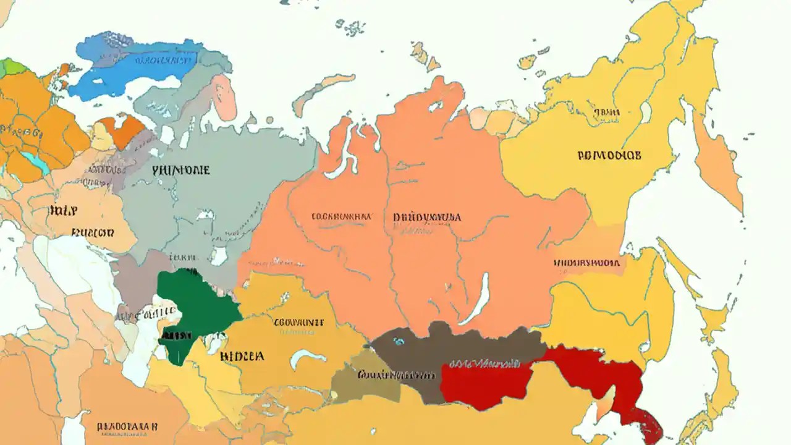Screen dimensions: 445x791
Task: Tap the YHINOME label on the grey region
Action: (180, 169)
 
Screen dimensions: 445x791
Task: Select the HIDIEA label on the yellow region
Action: (242, 357)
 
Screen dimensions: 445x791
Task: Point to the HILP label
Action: (63, 211)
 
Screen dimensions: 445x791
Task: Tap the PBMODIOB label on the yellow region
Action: (609, 155)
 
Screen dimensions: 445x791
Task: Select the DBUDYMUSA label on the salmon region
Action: (426, 218)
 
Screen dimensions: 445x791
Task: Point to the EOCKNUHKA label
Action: (341, 217)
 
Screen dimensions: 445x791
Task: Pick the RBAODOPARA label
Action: (128, 426)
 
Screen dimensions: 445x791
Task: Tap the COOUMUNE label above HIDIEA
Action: (298, 322)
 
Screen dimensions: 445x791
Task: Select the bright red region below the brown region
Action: (482, 383)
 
